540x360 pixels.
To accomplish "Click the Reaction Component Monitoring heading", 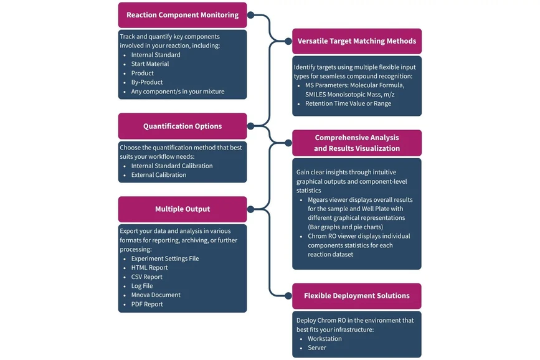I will [x=182, y=15].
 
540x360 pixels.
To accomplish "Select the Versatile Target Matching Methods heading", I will [x=357, y=41].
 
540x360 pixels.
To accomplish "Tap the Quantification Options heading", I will [x=182, y=126].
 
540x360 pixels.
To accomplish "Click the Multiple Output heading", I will [x=182, y=209].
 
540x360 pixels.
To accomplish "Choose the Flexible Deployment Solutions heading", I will [x=357, y=296].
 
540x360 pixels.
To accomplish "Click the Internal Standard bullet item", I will [x=156, y=55].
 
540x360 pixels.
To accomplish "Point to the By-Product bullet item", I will [x=147, y=82].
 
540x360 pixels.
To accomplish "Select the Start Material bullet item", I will [x=150, y=64].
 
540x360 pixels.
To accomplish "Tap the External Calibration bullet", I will [x=158, y=175].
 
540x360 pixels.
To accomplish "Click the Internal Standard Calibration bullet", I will [x=172, y=166].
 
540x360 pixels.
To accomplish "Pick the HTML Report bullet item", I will [x=149, y=268].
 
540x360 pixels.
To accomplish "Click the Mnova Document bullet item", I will [x=156, y=295].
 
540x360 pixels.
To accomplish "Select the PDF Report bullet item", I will [x=147, y=305].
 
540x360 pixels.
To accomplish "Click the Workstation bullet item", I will [x=324, y=339].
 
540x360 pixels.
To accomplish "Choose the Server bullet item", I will [x=316, y=348].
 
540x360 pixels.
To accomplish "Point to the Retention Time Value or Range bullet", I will [x=348, y=104].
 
